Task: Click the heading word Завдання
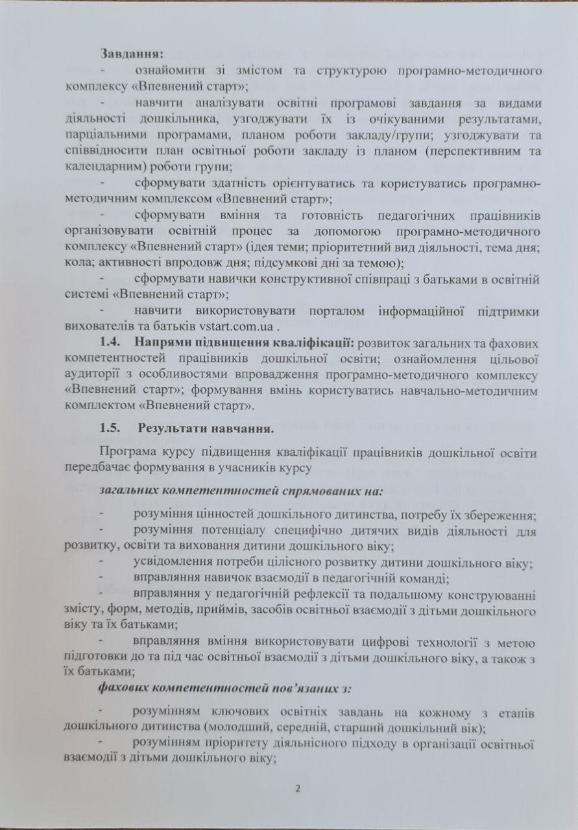coord(133,53)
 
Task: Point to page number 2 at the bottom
coord(298,789)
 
